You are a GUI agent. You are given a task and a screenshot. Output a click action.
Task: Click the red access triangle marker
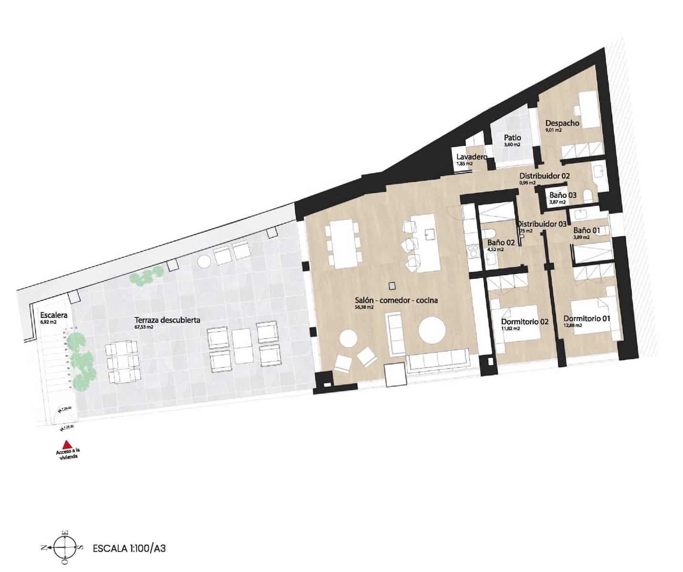pos(67,443)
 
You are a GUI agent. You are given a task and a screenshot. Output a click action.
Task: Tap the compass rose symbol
pos(64,549)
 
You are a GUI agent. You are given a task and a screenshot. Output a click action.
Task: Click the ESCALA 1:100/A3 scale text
pos(129,548)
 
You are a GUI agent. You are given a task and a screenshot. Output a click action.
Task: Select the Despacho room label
pos(562,123)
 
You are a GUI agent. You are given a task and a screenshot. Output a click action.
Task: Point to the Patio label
pos(512,138)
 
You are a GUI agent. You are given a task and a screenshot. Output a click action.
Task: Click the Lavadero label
pos(471,157)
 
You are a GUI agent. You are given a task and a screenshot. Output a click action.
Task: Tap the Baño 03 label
pos(563,195)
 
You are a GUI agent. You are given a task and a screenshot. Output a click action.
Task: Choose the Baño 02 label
pos(501,243)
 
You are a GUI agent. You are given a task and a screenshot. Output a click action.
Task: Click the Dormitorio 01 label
pos(587,318)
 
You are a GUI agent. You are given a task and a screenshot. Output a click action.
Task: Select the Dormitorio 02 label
pos(525,322)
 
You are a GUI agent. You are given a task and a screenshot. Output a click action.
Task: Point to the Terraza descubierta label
pos(167,320)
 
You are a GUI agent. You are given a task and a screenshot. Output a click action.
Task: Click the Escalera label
pos(54,315)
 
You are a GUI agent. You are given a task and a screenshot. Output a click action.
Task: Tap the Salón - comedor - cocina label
pos(396,300)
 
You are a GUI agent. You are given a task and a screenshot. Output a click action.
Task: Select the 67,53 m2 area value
pos(144,327)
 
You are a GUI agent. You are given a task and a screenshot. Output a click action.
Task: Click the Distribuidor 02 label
pos(544,176)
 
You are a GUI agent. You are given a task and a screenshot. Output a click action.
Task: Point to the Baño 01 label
pos(586,230)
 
